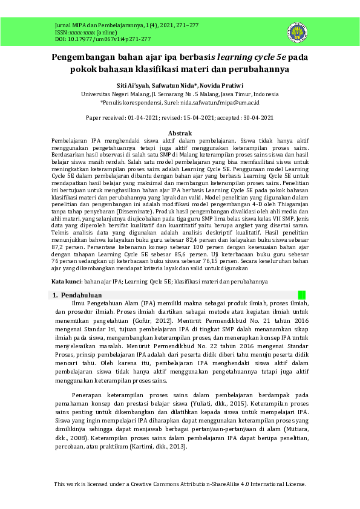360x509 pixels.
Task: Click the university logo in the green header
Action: (297, 31)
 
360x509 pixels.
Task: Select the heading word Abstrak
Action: (180, 132)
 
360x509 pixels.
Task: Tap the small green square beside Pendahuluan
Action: (302, 294)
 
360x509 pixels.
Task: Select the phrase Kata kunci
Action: (66, 282)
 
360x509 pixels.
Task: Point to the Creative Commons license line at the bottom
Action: (180, 484)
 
